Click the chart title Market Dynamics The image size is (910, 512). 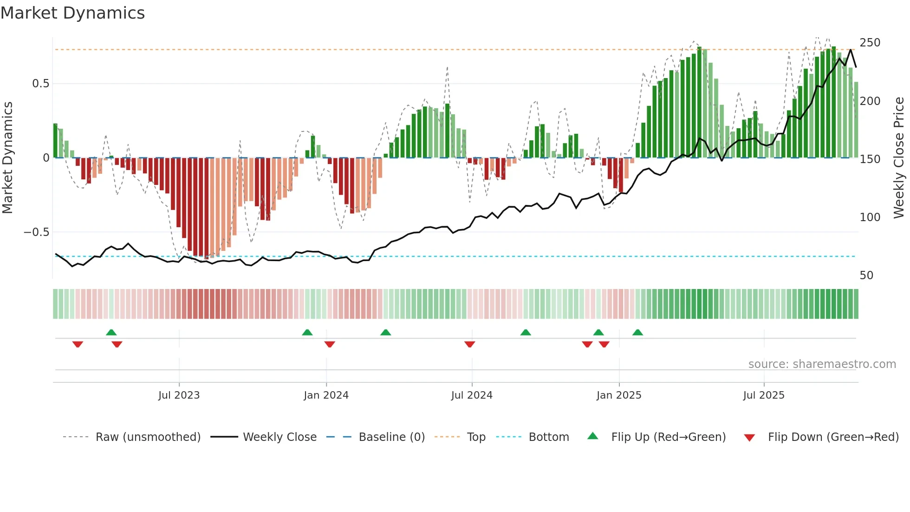pyautogui.click(x=72, y=13)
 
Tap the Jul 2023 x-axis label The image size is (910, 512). pyautogui.click(x=179, y=395)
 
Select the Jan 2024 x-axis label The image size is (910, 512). pyautogui.click(x=326, y=395)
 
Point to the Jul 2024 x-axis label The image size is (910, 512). pyautogui.click(x=472, y=395)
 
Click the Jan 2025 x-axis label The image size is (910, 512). pyautogui.click(x=619, y=395)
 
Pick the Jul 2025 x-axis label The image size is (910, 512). pyautogui.click(x=764, y=395)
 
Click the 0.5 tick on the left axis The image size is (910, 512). pyautogui.click(x=40, y=84)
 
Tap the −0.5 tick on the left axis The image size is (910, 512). pyautogui.click(x=37, y=232)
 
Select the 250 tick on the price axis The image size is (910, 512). pyautogui.click(x=870, y=43)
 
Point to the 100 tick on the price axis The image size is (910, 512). pyautogui.click(x=870, y=217)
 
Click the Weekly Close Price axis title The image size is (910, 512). pyautogui.click(x=899, y=158)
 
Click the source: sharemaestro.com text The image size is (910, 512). pyautogui.click(x=822, y=364)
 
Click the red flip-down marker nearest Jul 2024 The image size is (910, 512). pyautogui.click(x=469, y=344)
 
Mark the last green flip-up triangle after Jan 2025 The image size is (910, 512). pyautogui.click(x=637, y=333)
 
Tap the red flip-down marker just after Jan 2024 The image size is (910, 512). pyautogui.click(x=330, y=344)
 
